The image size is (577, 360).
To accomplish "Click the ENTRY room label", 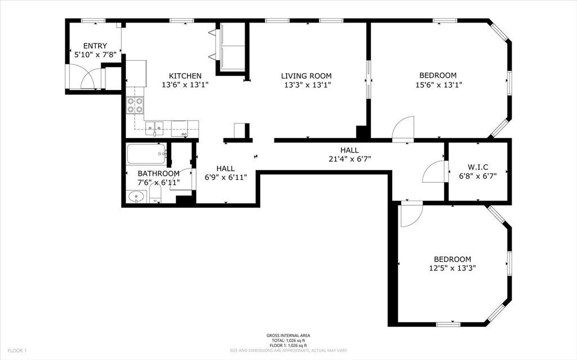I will (95, 46).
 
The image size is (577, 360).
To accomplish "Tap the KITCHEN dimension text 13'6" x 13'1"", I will (185, 85).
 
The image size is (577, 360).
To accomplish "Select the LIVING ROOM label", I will (307, 75).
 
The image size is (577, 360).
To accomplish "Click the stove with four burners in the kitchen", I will (135, 105).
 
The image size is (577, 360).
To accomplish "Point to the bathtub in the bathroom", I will (146, 153).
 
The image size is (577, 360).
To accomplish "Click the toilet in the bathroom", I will (156, 194).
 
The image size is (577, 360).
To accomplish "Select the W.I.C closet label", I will (478, 167).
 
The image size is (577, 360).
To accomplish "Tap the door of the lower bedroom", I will (411, 215).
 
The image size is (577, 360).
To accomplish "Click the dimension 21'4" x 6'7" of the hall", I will (349, 159).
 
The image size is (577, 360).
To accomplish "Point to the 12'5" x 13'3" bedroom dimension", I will (452, 269).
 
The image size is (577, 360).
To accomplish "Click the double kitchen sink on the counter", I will (154, 128).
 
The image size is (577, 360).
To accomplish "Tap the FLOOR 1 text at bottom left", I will (17, 350).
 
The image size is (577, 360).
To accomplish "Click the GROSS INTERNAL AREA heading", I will (288, 336).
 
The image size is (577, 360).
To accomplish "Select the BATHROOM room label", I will (158, 174).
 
